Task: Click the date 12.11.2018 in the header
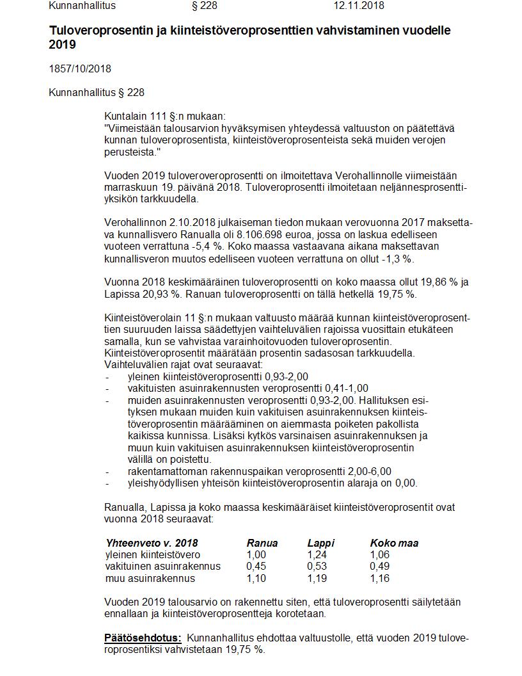pos(358,6)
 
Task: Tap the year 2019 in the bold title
pos(62,45)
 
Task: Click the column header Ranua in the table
pos(262,543)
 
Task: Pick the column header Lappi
pos(320,543)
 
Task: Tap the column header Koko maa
pos(393,543)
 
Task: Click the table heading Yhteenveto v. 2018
pos(152,543)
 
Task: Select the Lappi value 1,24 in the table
pos(317,555)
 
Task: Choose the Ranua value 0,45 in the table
pos(257,567)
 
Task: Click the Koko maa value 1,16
pos(380,579)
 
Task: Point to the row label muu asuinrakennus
pos(150,579)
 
